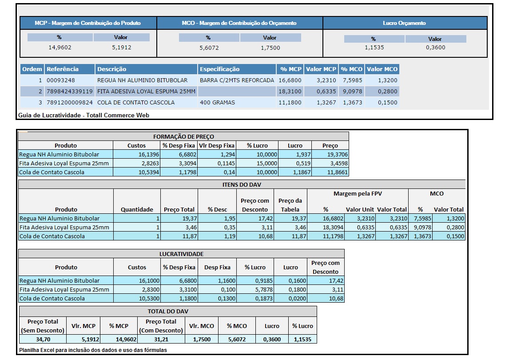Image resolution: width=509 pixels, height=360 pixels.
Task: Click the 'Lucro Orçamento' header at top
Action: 404,23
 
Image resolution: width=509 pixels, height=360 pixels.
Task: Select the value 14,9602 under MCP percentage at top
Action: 60,48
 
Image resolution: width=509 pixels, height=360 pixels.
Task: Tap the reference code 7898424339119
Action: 70,92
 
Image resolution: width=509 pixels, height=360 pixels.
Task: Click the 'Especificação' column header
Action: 220,69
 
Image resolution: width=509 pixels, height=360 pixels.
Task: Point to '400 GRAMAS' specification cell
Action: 218,103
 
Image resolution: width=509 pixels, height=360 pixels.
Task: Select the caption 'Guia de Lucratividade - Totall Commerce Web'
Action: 84,115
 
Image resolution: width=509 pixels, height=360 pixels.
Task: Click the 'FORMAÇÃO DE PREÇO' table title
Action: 183,137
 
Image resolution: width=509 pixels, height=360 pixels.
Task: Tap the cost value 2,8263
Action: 137,163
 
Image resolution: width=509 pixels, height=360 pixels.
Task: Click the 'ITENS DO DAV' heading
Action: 242,184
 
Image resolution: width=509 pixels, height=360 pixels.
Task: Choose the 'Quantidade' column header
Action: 137,209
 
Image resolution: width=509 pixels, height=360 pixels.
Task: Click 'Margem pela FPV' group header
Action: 358,193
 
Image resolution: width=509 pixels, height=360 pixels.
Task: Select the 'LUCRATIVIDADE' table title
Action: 181,254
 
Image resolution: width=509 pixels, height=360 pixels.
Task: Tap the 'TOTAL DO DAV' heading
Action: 168,311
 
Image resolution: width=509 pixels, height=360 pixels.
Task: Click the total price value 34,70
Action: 43,339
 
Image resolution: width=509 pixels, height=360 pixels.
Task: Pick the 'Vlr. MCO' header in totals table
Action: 201,326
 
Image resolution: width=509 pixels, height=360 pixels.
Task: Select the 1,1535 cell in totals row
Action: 302,339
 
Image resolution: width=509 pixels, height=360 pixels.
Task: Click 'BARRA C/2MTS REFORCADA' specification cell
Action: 237,80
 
